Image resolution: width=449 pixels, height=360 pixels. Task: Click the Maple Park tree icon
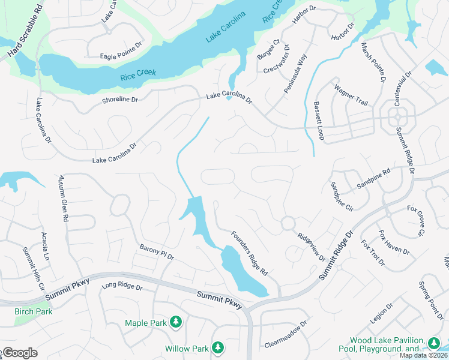click(x=176, y=323)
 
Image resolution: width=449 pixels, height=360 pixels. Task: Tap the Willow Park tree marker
click(x=218, y=347)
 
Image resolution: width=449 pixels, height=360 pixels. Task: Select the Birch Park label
click(x=33, y=311)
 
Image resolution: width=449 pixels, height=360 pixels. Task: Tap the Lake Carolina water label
click(x=226, y=28)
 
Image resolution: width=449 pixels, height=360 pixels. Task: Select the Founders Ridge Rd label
click(x=249, y=254)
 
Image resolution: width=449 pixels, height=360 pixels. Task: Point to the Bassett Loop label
click(x=318, y=121)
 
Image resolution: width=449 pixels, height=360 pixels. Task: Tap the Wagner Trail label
click(x=351, y=95)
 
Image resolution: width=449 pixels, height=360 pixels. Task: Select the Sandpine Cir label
click(x=342, y=195)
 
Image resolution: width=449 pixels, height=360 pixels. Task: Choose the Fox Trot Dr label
click(x=373, y=253)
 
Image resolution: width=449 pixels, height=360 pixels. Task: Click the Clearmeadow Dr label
click(x=285, y=334)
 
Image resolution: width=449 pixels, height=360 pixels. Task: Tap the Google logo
click(x=19, y=353)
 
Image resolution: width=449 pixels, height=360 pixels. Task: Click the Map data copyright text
click(x=423, y=355)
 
